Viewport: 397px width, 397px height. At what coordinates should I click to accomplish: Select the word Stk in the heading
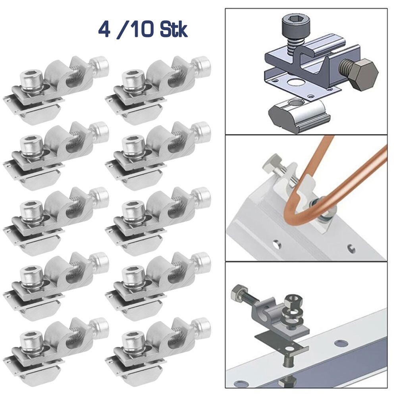pyautogui.click(x=173, y=31)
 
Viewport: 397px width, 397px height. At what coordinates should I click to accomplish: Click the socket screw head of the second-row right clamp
pyautogui.click(x=133, y=143)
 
